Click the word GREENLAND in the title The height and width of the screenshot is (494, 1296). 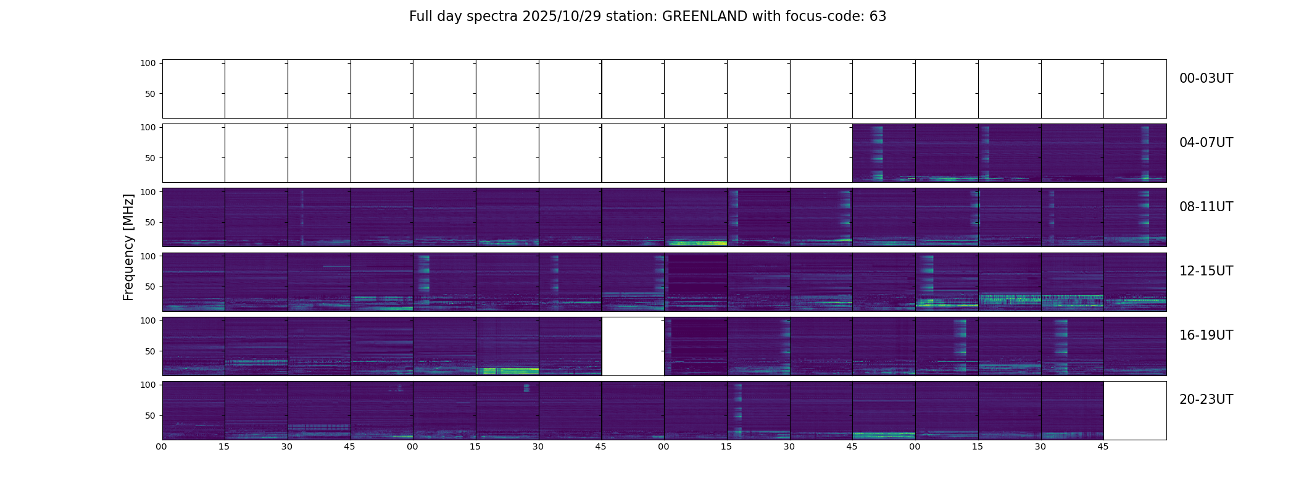coord(704,17)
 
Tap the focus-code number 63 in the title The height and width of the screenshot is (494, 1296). coord(878,17)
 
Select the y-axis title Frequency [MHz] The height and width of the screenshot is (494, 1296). coord(128,247)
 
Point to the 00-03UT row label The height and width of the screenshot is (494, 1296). coord(1206,78)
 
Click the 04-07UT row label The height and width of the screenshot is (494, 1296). coord(1206,143)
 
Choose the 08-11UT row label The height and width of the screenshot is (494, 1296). coord(1206,207)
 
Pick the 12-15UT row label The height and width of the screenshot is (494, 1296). coord(1206,271)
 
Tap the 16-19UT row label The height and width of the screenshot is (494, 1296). coord(1206,335)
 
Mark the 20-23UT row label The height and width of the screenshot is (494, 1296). coord(1206,400)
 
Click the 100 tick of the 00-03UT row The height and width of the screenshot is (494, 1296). coord(148,63)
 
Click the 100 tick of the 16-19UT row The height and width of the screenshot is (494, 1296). coord(148,320)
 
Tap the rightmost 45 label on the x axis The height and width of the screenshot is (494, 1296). coord(1103,446)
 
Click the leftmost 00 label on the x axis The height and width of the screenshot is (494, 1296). coord(162,446)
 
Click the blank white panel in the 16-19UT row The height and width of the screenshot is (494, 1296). coord(633,346)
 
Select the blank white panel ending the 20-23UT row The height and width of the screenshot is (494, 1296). coord(1134,411)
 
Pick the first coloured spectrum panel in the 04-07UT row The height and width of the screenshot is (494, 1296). coord(884,153)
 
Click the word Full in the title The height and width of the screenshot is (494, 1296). coord(420,17)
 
